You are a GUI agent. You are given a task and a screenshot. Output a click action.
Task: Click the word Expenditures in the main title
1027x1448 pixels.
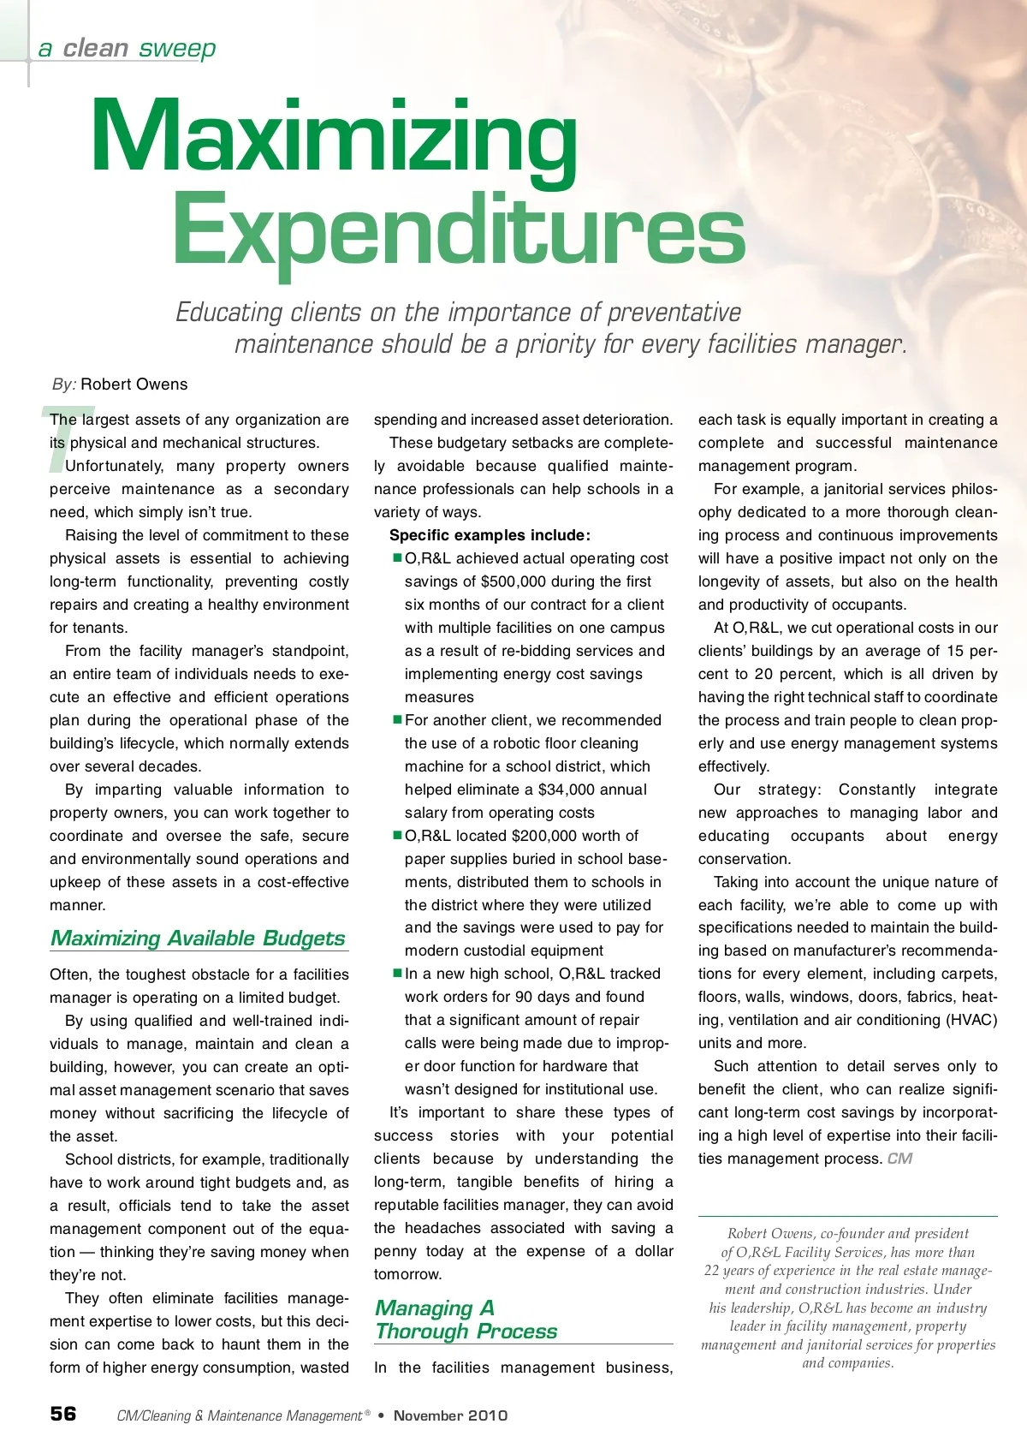pos(459,229)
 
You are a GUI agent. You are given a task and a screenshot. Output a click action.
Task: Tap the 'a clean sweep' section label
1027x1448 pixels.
pos(127,48)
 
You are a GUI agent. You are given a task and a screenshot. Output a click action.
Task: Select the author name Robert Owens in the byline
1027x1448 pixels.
pos(134,384)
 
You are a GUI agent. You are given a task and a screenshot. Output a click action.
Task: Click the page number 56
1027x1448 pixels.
pos(63,1414)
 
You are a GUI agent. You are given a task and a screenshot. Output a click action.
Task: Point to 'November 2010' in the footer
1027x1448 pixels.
pos(450,1415)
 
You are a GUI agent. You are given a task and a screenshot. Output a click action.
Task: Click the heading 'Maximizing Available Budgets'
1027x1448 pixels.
pos(198,939)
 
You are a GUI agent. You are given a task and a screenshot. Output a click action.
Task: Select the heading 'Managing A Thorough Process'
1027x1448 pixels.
pos(466,1320)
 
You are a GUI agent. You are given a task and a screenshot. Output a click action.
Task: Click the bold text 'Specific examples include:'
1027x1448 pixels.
pos(490,535)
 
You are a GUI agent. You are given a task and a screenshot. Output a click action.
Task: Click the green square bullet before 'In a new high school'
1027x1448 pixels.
pos(397,974)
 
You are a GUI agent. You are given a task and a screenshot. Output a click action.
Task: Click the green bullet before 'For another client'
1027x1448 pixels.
pos(397,720)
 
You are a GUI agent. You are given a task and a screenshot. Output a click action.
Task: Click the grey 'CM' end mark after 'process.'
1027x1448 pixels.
pos(900,1159)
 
